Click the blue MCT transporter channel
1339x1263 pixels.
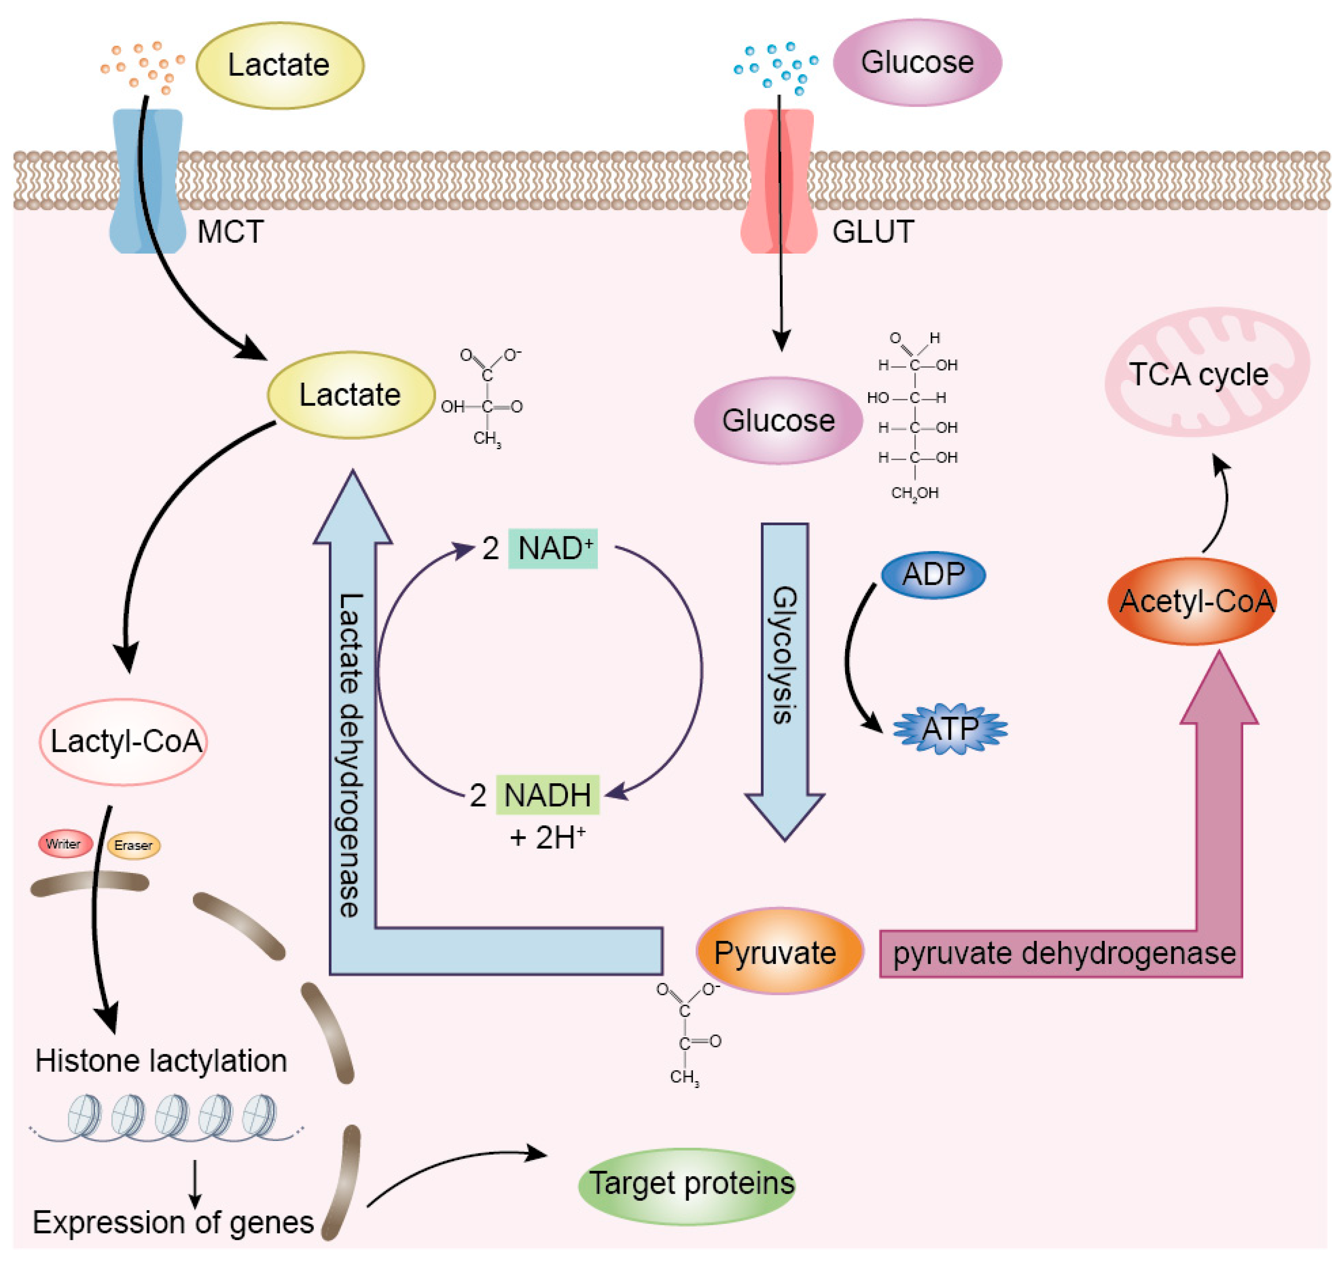point(148,181)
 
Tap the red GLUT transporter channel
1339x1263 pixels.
point(779,181)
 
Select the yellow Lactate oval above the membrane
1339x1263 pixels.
point(280,65)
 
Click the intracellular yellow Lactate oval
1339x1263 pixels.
point(351,395)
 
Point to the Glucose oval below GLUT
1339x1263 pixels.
point(779,420)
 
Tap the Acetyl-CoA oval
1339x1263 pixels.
point(1192,601)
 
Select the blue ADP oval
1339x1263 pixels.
point(934,575)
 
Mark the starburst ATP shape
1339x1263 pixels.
point(950,728)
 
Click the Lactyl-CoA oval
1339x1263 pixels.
point(123,742)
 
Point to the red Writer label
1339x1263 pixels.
point(65,844)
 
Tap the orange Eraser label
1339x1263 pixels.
point(133,845)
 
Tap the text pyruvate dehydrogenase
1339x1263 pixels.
point(1064,954)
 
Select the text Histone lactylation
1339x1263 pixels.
point(161,1061)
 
